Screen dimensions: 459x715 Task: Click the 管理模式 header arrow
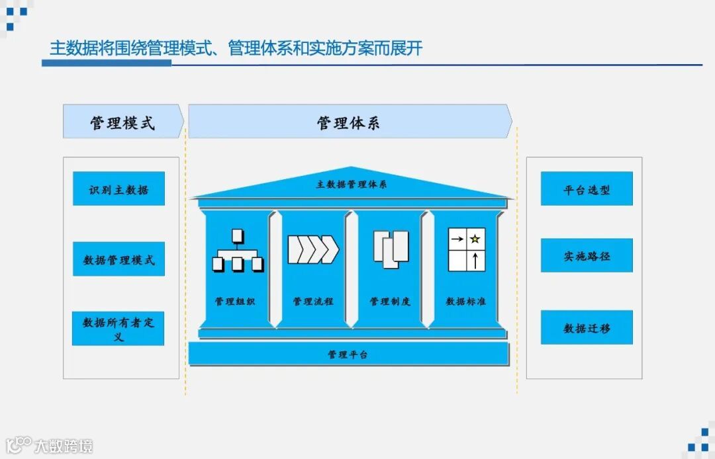click(x=122, y=122)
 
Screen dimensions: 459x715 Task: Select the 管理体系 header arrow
click(x=349, y=122)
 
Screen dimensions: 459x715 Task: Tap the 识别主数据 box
click(x=119, y=189)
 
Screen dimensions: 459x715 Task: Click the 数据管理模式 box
click(x=119, y=259)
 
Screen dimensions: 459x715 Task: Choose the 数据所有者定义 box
click(x=118, y=329)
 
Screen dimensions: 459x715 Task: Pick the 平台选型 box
click(x=587, y=189)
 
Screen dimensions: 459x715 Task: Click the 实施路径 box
click(x=587, y=256)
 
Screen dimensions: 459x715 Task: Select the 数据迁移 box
click(x=587, y=327)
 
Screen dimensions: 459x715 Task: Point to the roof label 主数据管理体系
click(x=351, y=185)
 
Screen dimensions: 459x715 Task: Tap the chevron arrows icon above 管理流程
click(x=313, y=249)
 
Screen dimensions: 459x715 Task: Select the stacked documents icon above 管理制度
click(x=391, y=249)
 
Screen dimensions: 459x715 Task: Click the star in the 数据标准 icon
click(x=475, y=239)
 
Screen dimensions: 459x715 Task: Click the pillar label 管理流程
click(x=313, y=302)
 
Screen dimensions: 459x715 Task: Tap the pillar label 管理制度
click(x=390, y=302)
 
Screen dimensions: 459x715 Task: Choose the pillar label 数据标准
click(x=466, y=302)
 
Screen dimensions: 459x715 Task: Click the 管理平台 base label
click(x=348, y=355)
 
